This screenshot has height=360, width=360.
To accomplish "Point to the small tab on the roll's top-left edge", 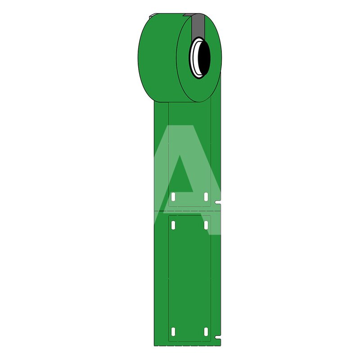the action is click(152, 16).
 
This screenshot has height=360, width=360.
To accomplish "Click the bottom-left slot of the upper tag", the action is click(174, 197).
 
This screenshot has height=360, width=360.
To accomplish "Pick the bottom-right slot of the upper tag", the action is click(206, 197).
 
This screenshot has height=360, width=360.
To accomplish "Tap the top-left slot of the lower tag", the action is click(174, 225).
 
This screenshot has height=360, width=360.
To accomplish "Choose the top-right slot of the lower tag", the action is click(206, 225).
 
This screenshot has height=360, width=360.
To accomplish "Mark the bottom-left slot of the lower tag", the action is click(174, 332).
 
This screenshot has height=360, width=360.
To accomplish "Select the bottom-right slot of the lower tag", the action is click(206, 332).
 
